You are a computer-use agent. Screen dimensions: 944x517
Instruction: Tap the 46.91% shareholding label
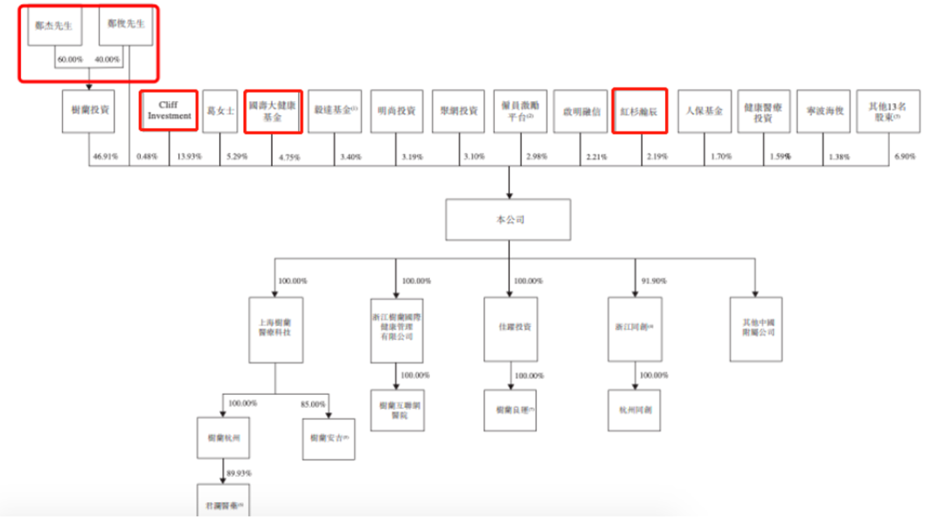pyautogui.click(x=103, y=156)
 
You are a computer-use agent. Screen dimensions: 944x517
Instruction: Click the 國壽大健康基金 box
pyautogui.click(x=274, y=111)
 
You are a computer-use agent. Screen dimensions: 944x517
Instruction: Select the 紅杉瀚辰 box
pyautogui.click(x=640, y=111)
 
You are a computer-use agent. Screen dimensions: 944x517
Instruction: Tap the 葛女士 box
pyautogui.click(x=219, y=111)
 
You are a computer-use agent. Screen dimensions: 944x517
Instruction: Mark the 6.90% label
pyautogui.click(x=900, y=156)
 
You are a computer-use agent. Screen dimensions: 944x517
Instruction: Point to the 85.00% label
pyautogui.click(x=313, y=404)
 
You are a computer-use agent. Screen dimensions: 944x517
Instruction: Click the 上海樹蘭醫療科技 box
pyautogui.click(x=275, y=330)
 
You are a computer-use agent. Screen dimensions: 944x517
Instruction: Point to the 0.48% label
pyautogui.click(x=144, y=156)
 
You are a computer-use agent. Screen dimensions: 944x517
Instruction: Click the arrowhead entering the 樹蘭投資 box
pyautogui.click(x=89, y=86)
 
